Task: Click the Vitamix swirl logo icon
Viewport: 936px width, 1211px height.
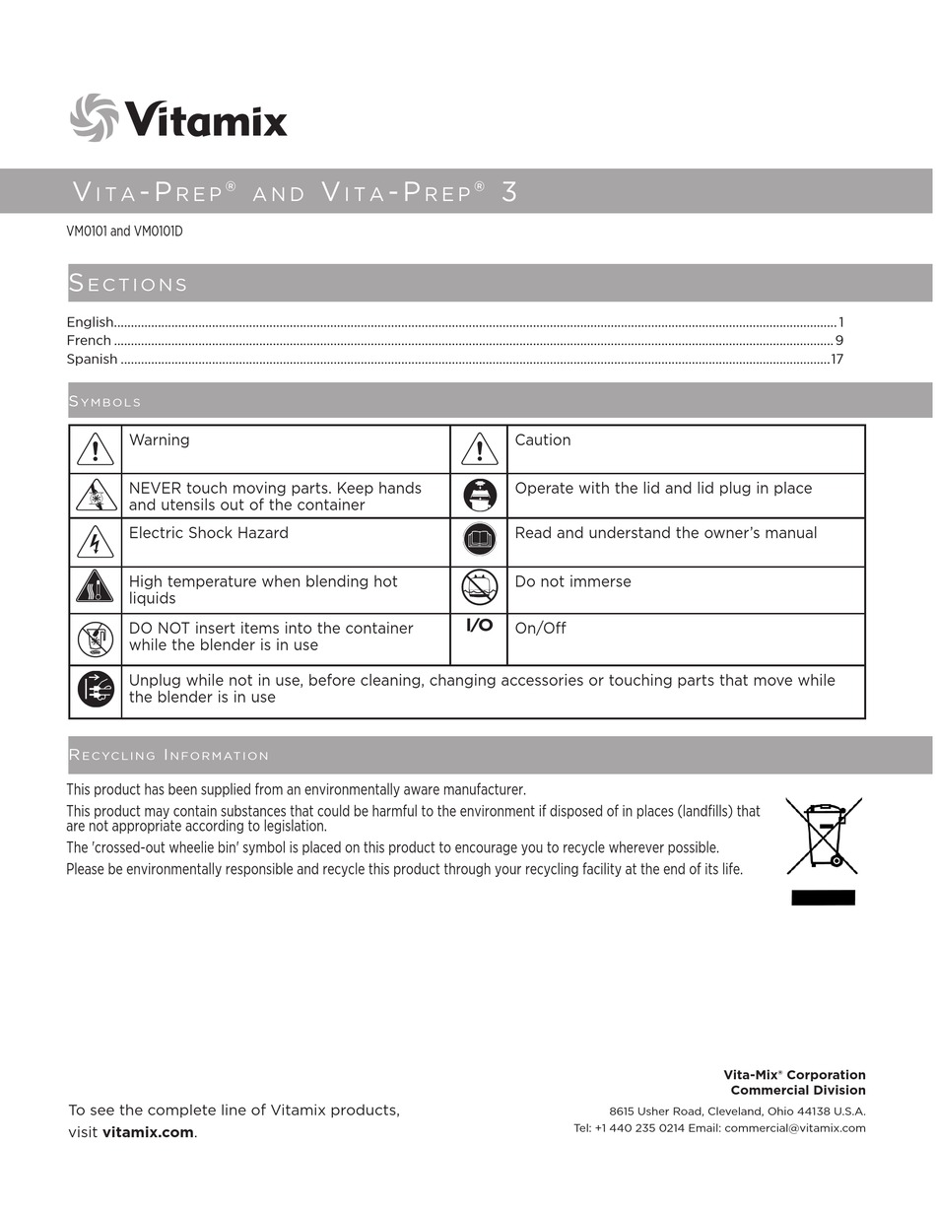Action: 94,117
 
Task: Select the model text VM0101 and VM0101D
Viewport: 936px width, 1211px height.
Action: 124,232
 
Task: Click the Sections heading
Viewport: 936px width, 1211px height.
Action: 128,284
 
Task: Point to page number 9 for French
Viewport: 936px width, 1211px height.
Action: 838,340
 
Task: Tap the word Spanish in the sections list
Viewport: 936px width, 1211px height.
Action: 92,359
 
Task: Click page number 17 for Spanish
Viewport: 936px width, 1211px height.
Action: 836,359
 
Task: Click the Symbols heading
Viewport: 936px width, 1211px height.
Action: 104,402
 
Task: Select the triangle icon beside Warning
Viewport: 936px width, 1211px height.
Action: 96,449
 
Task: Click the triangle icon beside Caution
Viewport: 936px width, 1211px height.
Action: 479,449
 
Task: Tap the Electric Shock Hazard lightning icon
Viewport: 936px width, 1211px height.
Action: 96,542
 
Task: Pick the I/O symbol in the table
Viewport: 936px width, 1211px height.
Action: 479,626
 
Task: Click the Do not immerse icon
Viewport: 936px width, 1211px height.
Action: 479,588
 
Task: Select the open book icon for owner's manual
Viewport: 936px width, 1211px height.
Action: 479,539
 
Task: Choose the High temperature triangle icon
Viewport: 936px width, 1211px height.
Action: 96,588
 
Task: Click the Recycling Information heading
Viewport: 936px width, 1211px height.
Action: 168,755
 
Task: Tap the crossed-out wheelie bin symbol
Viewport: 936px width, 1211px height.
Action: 824,836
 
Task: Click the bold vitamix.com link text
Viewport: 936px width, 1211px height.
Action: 148,1132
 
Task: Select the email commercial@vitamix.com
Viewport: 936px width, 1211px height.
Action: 794,1128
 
